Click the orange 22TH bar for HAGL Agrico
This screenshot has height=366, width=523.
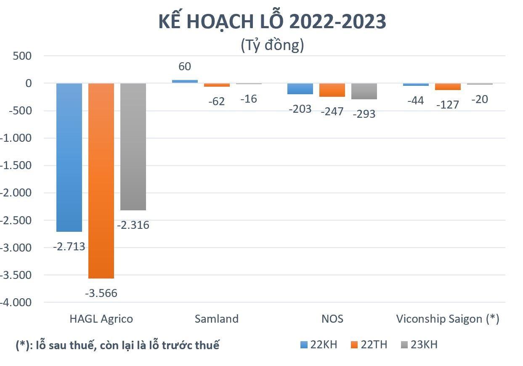[x=101, y=181]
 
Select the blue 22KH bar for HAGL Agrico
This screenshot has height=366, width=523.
[x=69, y=158]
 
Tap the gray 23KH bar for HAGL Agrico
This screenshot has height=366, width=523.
[x=133, y=147]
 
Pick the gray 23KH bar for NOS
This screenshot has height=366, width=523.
[x=364, y=91]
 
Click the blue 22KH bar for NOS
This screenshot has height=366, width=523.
[x=300, y=89]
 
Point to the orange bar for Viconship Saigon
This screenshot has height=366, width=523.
[x=448, y=87]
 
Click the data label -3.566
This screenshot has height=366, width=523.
[x=101, y=293]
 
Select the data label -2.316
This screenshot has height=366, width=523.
[x=133, y=225]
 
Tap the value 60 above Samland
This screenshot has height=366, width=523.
[x=185, y=66]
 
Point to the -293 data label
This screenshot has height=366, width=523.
[x=364, y=114]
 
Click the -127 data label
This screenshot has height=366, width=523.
[x=448, y=104]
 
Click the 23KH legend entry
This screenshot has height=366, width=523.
[x=419, y=345]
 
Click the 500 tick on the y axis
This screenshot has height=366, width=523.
[x=24, y=56]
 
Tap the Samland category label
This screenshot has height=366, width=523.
[x=217, y=318]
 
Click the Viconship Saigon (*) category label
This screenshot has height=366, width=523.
[x=448, y=318]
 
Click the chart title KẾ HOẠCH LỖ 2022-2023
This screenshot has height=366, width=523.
[x=272, y=22]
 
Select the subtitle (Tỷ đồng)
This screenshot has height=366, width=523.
[x=272, y=45]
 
